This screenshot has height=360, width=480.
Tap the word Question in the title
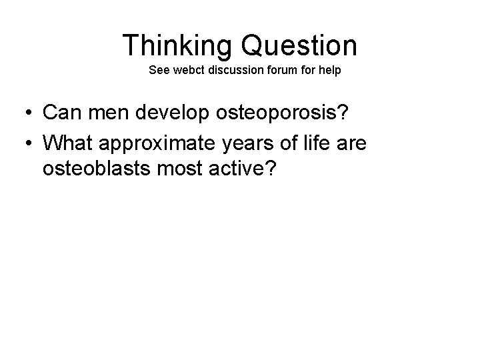(300, 45)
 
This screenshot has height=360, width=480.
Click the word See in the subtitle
(159, 70)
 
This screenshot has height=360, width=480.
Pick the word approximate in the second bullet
(163, 142)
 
